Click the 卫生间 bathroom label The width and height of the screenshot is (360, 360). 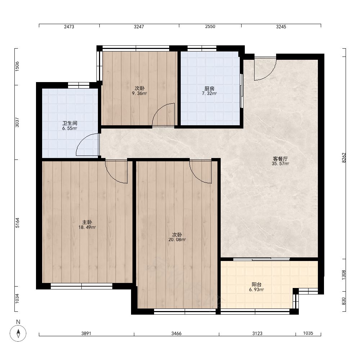(70, 123)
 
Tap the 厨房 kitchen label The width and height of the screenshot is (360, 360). (210, 89)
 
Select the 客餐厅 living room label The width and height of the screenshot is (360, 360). (280, 159)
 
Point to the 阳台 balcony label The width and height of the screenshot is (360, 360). (256, 285)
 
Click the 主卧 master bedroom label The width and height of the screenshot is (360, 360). (87, 222)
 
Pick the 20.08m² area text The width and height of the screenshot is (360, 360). (177, 240)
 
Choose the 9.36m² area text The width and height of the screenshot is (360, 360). (139, 94)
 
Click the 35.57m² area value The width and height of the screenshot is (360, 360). (280, 164)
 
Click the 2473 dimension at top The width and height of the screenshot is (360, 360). (69, 27)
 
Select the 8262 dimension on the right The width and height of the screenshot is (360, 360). (344, 158)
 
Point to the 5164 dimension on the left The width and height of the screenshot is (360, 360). (17, 223)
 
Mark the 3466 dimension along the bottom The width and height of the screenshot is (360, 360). (176, 333)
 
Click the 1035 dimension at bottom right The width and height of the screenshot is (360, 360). (308, 333)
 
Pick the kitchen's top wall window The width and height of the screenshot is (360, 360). (202, 48)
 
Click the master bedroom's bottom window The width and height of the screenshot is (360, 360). (81, 286)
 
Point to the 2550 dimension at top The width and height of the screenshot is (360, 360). (210, 27)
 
